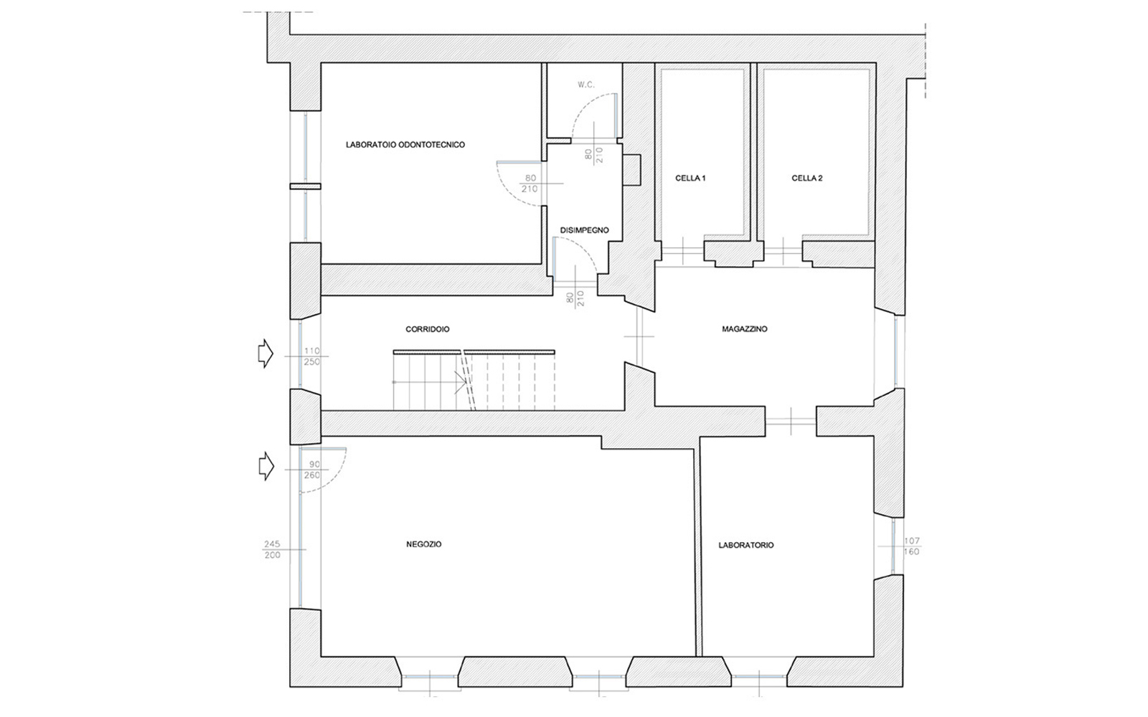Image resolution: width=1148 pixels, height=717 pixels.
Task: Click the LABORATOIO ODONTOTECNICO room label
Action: coord(405,145)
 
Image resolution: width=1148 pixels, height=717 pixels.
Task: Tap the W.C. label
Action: coord(586,85)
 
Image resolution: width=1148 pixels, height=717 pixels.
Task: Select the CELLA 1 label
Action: coord(690,179)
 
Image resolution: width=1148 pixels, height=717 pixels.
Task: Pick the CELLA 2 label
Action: coord(807,179)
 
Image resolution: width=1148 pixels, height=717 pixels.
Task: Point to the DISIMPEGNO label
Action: coord(584,230)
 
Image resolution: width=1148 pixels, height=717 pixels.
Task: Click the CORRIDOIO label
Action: coord(428,329)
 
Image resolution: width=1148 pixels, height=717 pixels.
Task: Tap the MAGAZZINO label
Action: coord(745,329)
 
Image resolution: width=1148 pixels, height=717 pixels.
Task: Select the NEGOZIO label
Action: coord(424,544)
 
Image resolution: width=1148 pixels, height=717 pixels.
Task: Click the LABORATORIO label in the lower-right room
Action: coord(746,546)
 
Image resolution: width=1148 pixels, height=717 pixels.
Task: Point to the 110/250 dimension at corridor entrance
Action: coord(311,356)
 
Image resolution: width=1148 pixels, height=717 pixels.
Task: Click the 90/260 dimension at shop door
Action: coord(312,470)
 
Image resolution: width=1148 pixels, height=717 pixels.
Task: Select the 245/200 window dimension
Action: coord(272,549)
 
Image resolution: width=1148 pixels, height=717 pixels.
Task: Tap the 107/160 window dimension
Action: coord(912,546)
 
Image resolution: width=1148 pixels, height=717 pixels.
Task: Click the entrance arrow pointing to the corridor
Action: coord(265,353)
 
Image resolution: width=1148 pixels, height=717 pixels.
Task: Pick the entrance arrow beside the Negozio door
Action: coord(265,466)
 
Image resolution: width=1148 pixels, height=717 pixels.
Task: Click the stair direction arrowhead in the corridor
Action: coord(461,383)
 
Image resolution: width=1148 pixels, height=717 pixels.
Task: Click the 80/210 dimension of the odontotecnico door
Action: coord(530,184)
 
